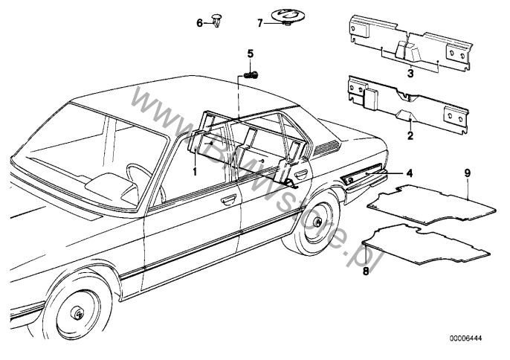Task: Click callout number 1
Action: click(x=195, y=172)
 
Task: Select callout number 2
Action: click(x=410, y=135)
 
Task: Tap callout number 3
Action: click(x=410, y=73)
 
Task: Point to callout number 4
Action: click(x=410, y=173)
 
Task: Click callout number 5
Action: click(x=250, y=54)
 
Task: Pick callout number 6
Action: click(x=200, y=23)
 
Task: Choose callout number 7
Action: click(x=260, y=24)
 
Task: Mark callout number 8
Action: click(x=366, y=271)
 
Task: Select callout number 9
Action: click(x=468, y=173)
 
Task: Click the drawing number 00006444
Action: click(x=465, y=338)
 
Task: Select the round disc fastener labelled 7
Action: click(x=286, y=17)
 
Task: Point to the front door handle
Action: click(x=228, y=199)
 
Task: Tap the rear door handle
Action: click(x=301, y=174)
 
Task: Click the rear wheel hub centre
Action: click(x=317, y=222)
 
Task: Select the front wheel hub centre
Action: click(x=78, y=314)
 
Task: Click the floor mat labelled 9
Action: click(x=431, y=205)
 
